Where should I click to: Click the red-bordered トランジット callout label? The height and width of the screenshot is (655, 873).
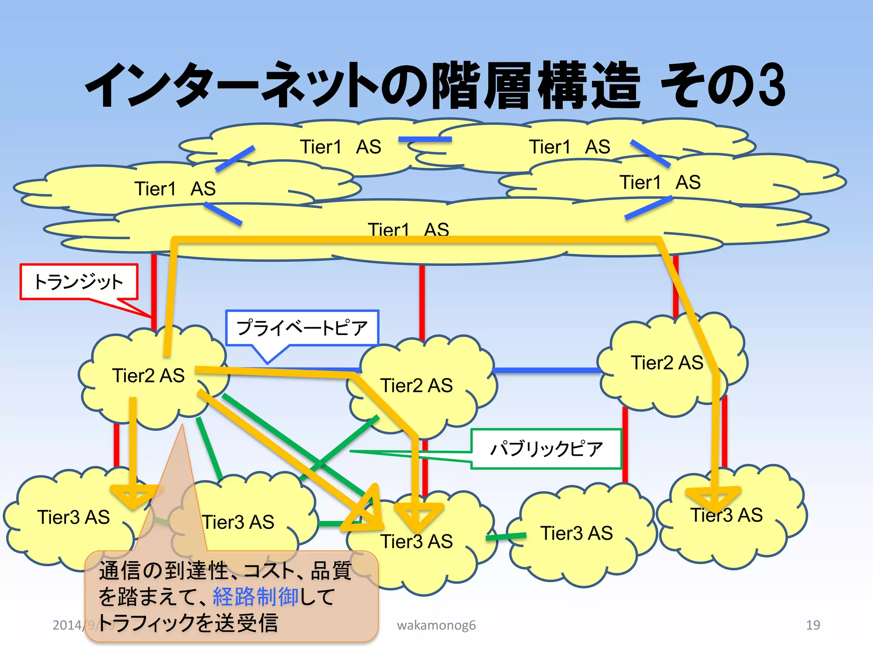(x=79, y=282)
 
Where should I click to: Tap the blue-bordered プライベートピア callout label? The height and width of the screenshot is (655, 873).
(x=302, y=327)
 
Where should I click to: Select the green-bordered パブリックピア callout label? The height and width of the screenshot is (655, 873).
(x=546, y=449)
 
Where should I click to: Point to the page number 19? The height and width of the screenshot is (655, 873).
(x=813, y=625)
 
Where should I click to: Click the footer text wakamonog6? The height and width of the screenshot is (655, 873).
(x=436, y=625)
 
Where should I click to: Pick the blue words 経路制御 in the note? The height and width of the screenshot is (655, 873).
(x=255, y=597)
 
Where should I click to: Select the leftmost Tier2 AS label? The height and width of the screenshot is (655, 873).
(x=148, y=376)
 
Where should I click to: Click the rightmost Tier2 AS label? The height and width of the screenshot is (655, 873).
(x=667, y=363)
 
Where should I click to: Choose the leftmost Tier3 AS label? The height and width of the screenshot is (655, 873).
(x=73, y=517)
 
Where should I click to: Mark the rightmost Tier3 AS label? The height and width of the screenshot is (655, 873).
(x=726, y=515)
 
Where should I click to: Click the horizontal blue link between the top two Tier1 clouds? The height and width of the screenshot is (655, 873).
(x=425, y=139)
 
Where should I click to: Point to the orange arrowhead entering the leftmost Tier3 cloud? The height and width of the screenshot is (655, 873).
(x=133, y=495)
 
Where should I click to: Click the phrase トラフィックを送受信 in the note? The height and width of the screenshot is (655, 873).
(x=188, y=623)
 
